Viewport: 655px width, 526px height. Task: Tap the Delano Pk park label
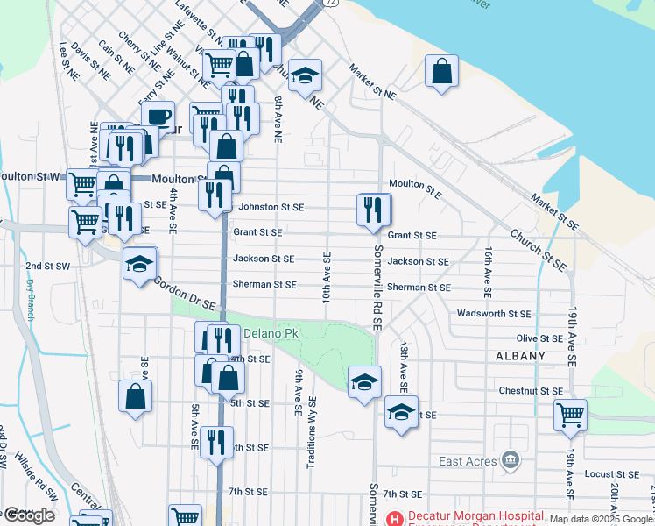(x=271, y=334)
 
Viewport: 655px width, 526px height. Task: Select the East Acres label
(x=468, y=461)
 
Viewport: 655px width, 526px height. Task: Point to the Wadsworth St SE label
(x=493, y=313)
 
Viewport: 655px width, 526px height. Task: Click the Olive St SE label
(x=539, y=338)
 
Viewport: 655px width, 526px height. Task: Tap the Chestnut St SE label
(x=531, y=390)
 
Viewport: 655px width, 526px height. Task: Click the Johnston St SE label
(x=271, y=207)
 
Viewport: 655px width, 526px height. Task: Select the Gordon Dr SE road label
(x=185, y=293)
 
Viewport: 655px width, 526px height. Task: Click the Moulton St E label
(x=415, y=184)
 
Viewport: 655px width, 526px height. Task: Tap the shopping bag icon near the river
(x=442, y=71)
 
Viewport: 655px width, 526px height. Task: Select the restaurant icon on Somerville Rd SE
(x=374, y=210)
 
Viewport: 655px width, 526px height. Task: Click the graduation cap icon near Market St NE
(x=305, y=75)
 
